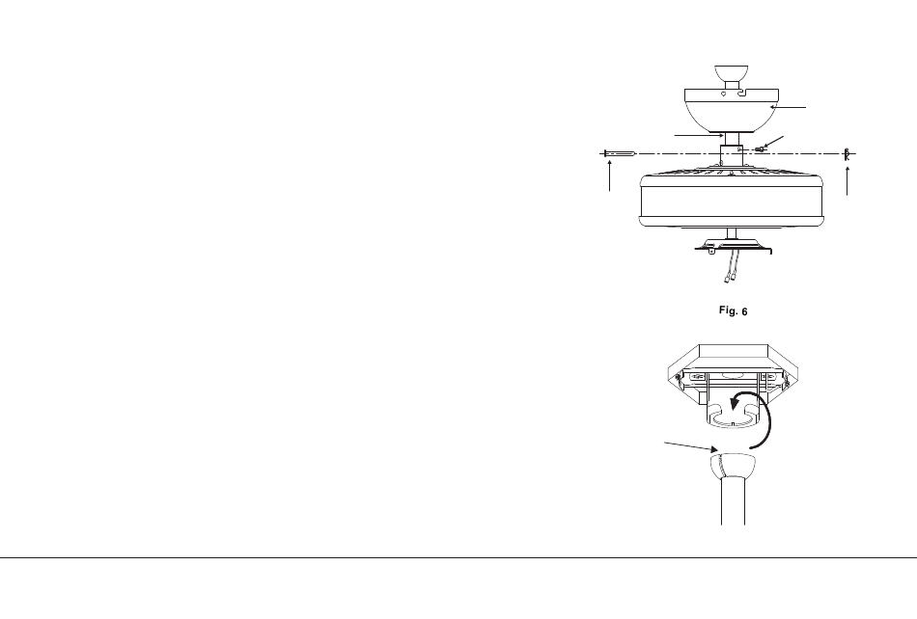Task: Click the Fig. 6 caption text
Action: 733,310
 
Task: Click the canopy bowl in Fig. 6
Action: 733,111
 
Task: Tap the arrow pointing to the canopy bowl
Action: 788,107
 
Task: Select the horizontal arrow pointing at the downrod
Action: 700,136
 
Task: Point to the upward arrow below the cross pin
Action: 610,175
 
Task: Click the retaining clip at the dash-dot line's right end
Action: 847,154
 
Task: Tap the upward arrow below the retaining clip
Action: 848,180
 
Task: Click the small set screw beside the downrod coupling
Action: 759,149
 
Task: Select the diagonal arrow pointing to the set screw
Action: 774,142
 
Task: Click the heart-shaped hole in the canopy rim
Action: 723,94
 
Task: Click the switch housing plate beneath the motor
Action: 733,245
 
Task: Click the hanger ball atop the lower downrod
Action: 733,466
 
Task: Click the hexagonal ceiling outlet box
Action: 733,374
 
